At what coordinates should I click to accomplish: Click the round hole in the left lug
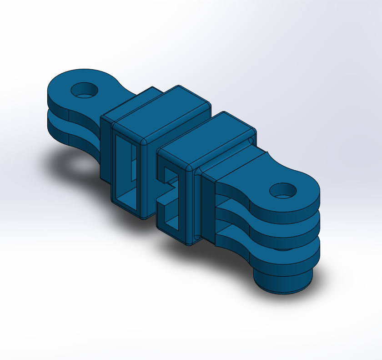click(x=84, y=90)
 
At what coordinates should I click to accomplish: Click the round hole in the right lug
click(x=283, y=190)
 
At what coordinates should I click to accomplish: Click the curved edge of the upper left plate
click(x=57, y=102)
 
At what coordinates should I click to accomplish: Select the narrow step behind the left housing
click(x=106, y=146)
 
